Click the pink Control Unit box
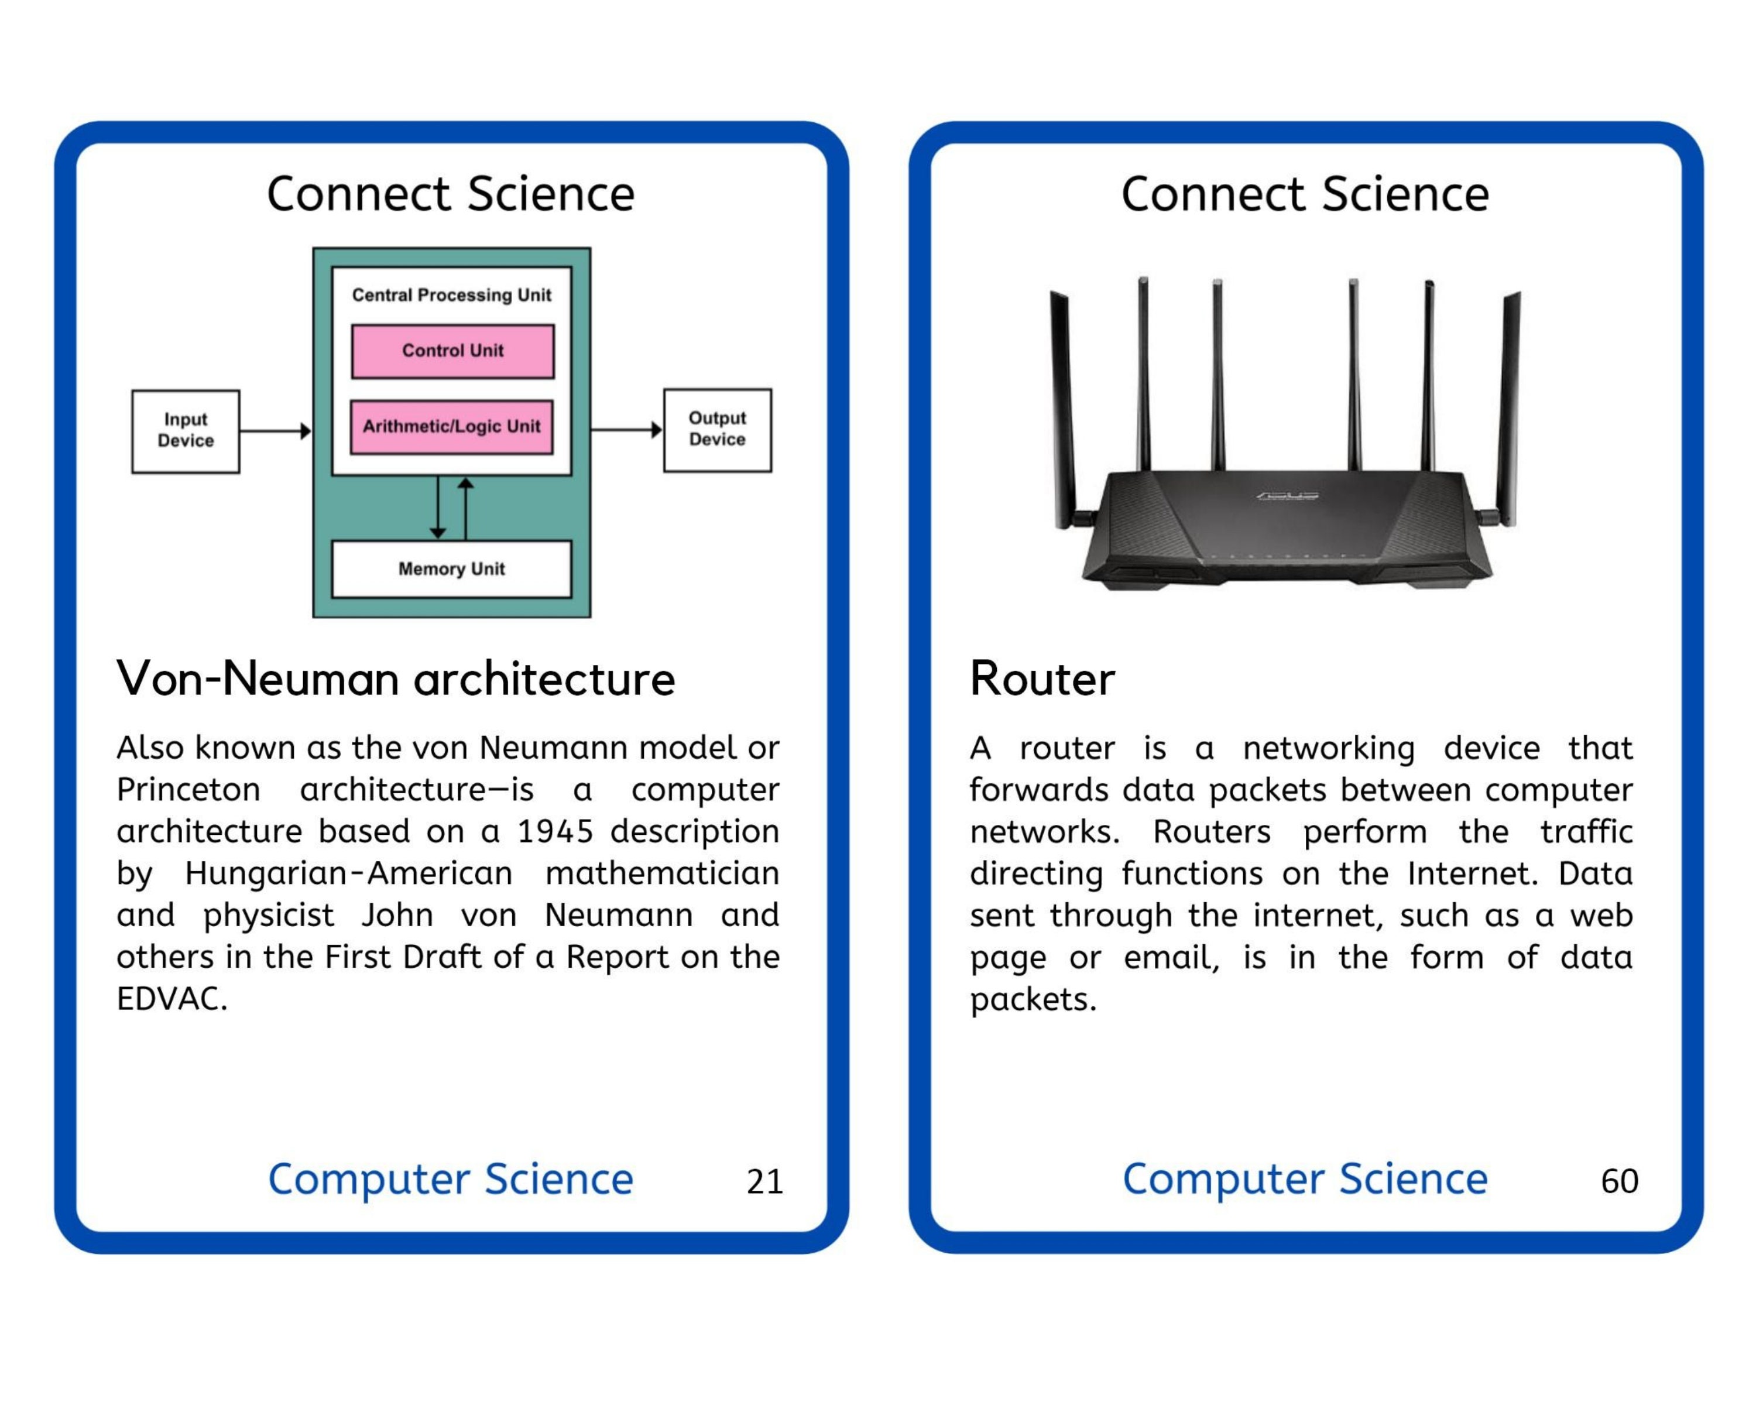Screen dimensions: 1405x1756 point(453,351)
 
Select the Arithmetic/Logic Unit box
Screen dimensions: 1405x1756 point(451,427)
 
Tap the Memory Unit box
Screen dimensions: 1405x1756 point(451,570)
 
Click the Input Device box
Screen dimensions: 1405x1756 point(186,431)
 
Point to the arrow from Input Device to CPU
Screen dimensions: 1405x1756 point(275,431)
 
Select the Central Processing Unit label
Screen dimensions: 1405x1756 point(451,295)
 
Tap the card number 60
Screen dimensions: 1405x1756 point(1618,1181)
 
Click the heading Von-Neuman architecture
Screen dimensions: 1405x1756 point(396,678)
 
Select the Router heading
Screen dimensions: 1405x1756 point(1042,678)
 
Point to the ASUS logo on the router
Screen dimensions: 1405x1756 point(1288,495)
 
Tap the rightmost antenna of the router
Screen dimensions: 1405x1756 point(1508,407)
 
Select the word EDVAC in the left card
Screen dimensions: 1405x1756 point(171,999)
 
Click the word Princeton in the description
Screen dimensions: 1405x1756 point(188,790)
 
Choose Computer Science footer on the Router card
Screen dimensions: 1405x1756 point(1305,1180)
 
